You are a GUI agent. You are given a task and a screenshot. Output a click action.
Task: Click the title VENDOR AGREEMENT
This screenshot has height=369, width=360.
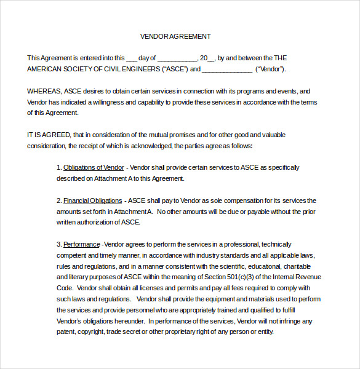point(175,36)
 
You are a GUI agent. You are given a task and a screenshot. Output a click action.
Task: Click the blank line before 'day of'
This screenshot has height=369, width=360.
point(131,58)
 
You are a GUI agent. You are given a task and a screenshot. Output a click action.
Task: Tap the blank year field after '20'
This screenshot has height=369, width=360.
point(212,58)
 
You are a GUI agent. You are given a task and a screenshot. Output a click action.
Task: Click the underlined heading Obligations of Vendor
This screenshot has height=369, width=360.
point(94,167)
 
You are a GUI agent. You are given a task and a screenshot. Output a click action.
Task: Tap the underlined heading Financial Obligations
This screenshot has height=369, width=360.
point(92,200)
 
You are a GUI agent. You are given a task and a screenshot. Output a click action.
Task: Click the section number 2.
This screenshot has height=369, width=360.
point(59,200)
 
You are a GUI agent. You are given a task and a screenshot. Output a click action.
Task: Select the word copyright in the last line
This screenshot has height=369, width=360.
point(95,332)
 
